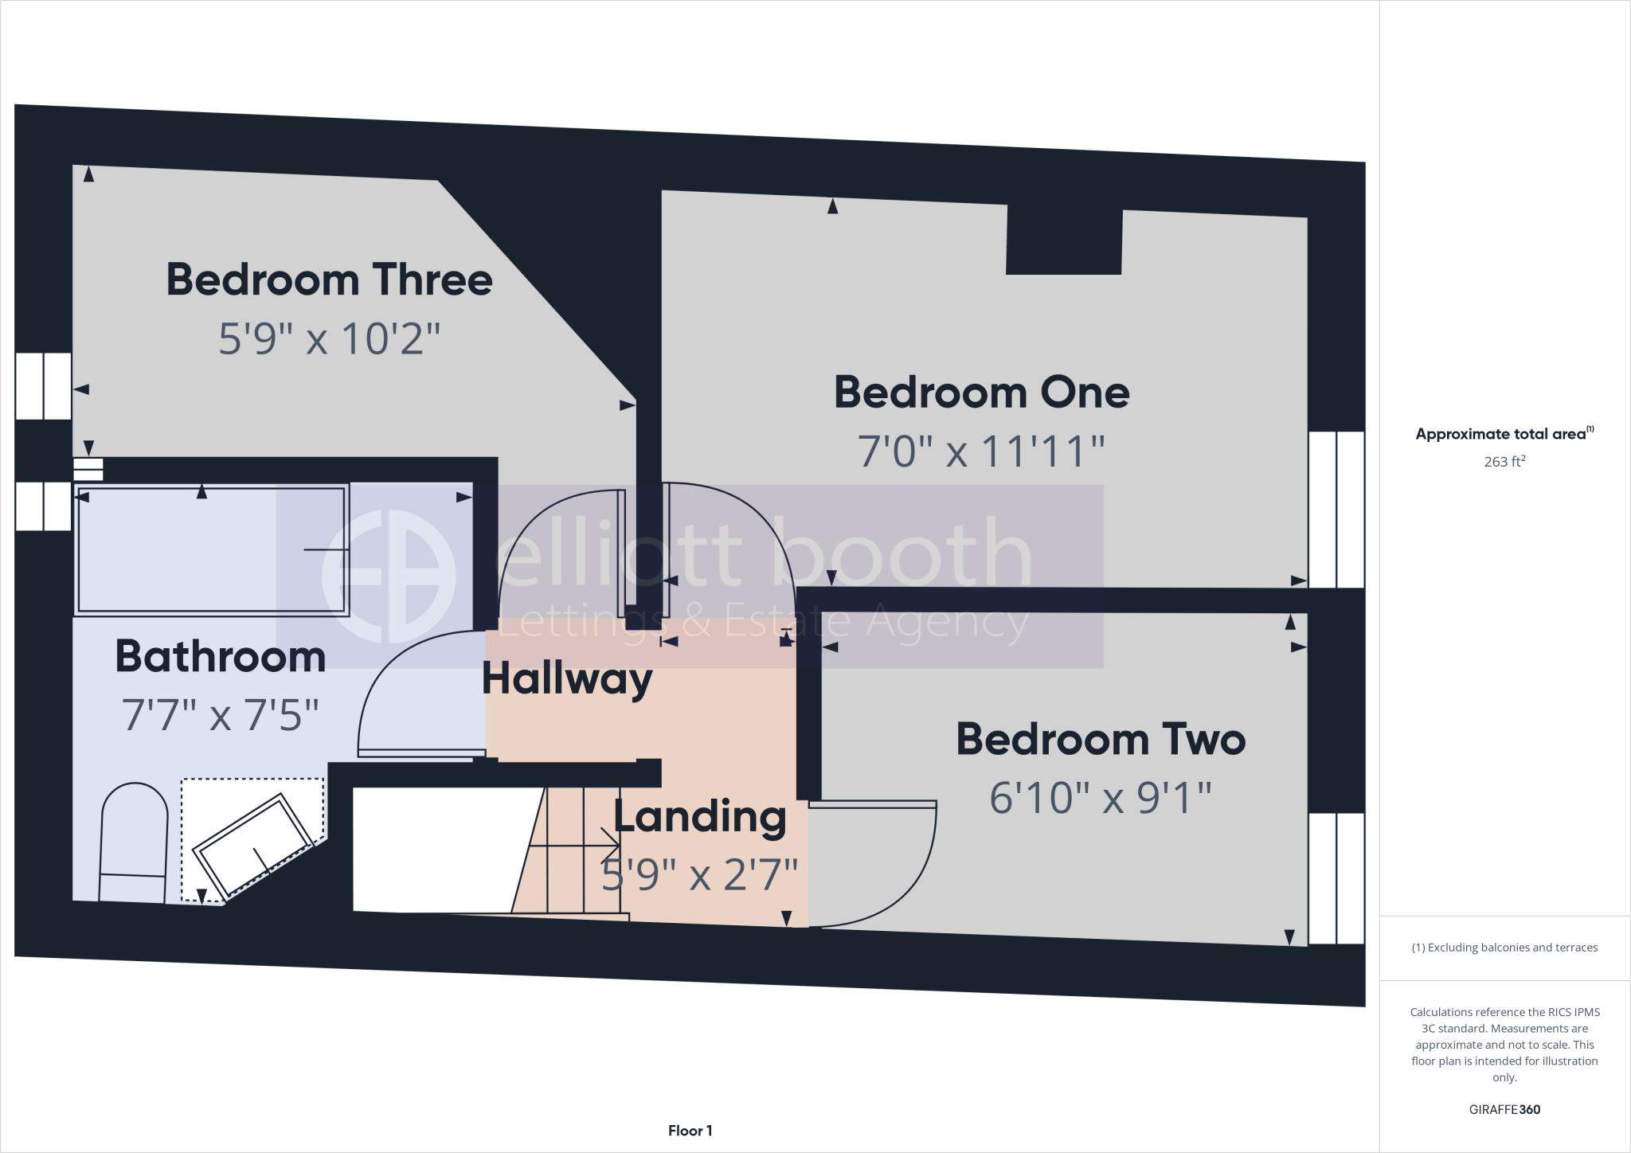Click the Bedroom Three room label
[x=329, y=279]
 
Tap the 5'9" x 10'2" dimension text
[x=329, y=338]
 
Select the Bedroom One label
[x=981, y=393]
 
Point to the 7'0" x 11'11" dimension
[x=981, y=451]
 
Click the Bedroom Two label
[x=1101, y=739]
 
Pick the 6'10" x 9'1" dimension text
[x=1101, y=797]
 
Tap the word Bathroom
[x=221, y=656]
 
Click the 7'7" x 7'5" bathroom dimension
[x=221, y=714]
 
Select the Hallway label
[x=567, y=678]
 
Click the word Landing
[x=699, y=817]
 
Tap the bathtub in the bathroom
[x=212, y=549]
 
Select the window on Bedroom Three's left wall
[x=44, y=386]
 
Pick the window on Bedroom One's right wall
[x=1336, y=510]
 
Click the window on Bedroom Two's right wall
[x=1336, y=878]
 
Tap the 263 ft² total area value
[x=1504, y=461]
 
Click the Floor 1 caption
[x=690, y=1131]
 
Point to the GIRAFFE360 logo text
[x=1504, y=1109]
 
